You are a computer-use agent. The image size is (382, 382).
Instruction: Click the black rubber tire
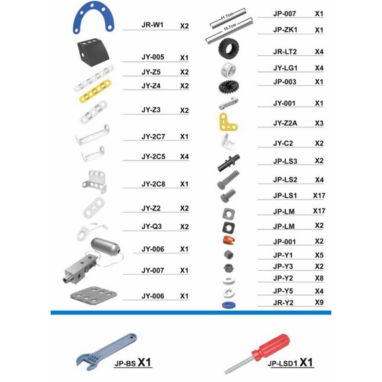pyautogui.click(x=228, y=49)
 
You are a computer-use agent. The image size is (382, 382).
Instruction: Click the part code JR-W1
pyautogui.click(x=153, y=25)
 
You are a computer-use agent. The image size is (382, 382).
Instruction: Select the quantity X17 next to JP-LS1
pyautogui.click(x=319, y=196)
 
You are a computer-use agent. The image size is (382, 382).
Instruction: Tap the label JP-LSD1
pyautogui.click(x=283, y=364)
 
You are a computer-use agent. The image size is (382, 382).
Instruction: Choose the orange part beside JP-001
pyautogui.click(x=229, y=240)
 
